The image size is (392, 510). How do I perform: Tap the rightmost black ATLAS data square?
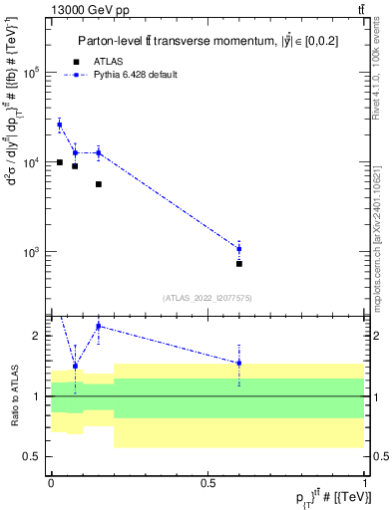(x=239, y=264)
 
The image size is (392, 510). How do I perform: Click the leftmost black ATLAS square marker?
(x=60, y=162)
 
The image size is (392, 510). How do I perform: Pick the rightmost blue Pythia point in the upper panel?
(x=239, y=248)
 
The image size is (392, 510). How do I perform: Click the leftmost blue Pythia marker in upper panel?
(x=60, y=125)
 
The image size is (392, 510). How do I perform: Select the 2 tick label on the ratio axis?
(x=39, y=336)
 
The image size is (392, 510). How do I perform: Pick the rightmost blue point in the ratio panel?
(x=239, y=363)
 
